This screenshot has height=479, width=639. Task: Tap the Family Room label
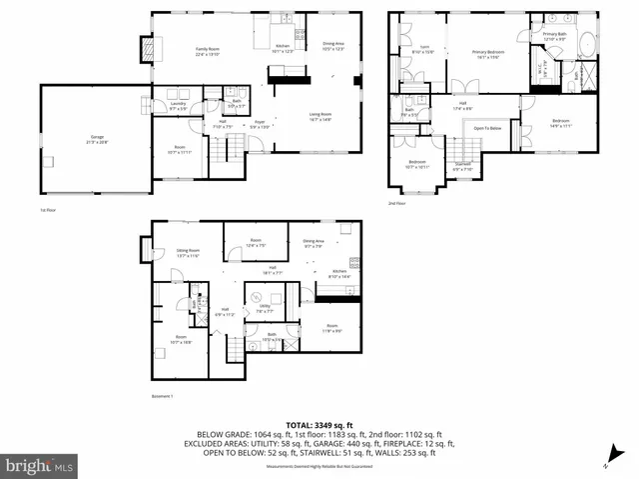coord(208,51)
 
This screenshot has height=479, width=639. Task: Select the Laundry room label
coord(179,105)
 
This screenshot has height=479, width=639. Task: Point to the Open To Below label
coord(487,128)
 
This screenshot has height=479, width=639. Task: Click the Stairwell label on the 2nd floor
coord(463,165)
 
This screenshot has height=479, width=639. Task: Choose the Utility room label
coord(265,309)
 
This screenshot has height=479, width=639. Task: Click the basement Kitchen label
coord(338,272)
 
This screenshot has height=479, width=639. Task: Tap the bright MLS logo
coord(39,466)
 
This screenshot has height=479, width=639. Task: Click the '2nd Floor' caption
coord(398,203)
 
